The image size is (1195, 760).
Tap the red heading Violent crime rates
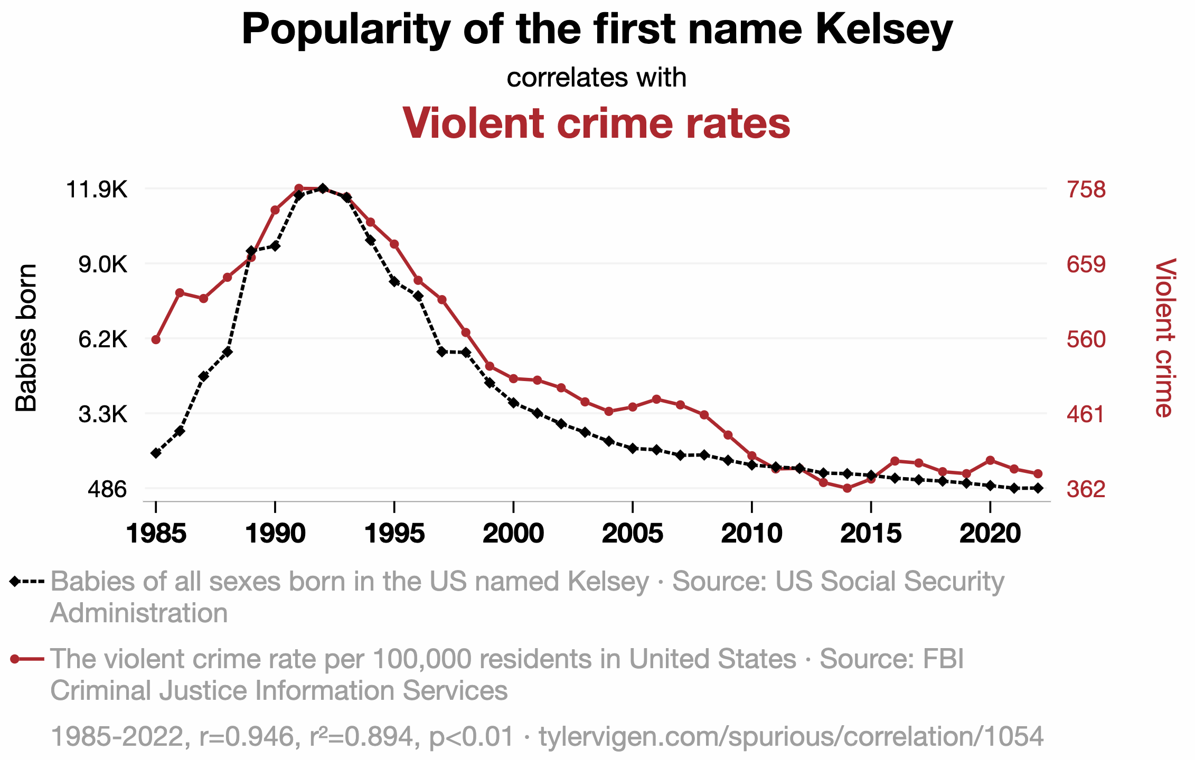596,123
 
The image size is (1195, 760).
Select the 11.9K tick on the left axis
96,189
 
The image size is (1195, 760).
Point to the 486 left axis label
107,489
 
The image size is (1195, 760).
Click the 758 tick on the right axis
1086,189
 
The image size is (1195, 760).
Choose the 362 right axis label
1086,489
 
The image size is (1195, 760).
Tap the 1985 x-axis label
156,534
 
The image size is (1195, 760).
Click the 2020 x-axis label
990,534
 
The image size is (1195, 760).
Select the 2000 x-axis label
513,534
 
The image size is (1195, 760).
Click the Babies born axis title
26,338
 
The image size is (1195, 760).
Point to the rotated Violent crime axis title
1164,338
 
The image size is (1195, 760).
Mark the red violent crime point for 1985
156,339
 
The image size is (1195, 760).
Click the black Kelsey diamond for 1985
156,453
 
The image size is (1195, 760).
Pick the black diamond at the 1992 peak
323,188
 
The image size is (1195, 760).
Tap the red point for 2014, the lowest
847,488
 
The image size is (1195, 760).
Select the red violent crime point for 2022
1038,473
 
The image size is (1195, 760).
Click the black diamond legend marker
15,582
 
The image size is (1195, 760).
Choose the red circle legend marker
15,659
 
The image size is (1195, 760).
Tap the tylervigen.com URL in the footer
791,736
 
